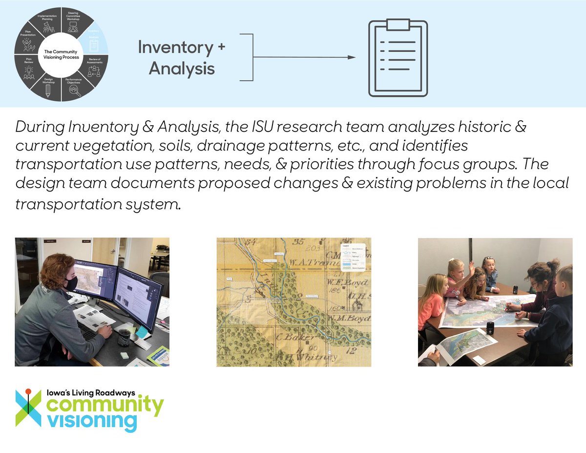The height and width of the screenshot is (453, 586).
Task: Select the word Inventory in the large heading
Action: point(175,47)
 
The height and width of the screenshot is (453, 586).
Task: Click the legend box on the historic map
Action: point(353,257)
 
